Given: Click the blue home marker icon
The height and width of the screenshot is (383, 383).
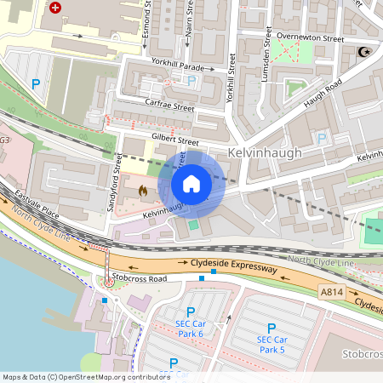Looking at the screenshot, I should (191, 184).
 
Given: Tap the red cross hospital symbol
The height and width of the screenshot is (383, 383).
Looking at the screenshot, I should (56, 8).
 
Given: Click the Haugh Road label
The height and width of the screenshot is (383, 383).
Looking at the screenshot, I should (323, 94).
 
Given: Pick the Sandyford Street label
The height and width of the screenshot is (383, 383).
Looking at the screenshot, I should (117, 177).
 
